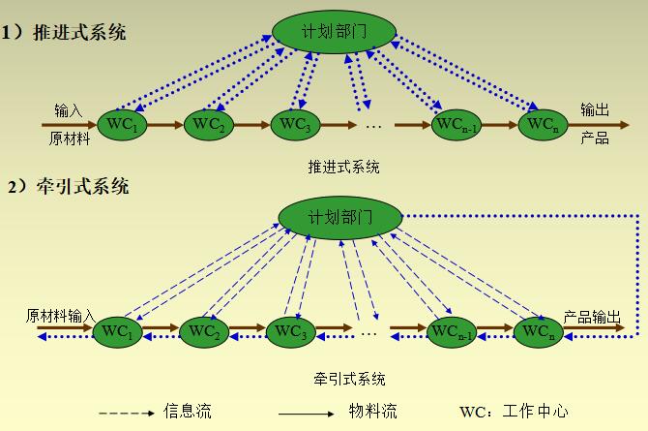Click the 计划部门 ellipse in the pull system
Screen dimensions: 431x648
[x=339, y=215]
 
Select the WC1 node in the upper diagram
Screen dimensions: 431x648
[x=124, y=124]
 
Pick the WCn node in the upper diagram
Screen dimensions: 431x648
[x=543, y=124]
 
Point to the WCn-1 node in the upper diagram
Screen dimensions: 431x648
[x=456, y=125]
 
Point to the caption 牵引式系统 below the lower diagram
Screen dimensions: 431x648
[x=349, y=378]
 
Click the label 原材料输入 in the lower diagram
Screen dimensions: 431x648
[x=60, y=316]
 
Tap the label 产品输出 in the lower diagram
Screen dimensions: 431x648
[x=592, y=316]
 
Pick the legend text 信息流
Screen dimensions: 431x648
[x=188, y=412]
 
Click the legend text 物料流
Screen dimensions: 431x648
[x=372, y=412]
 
